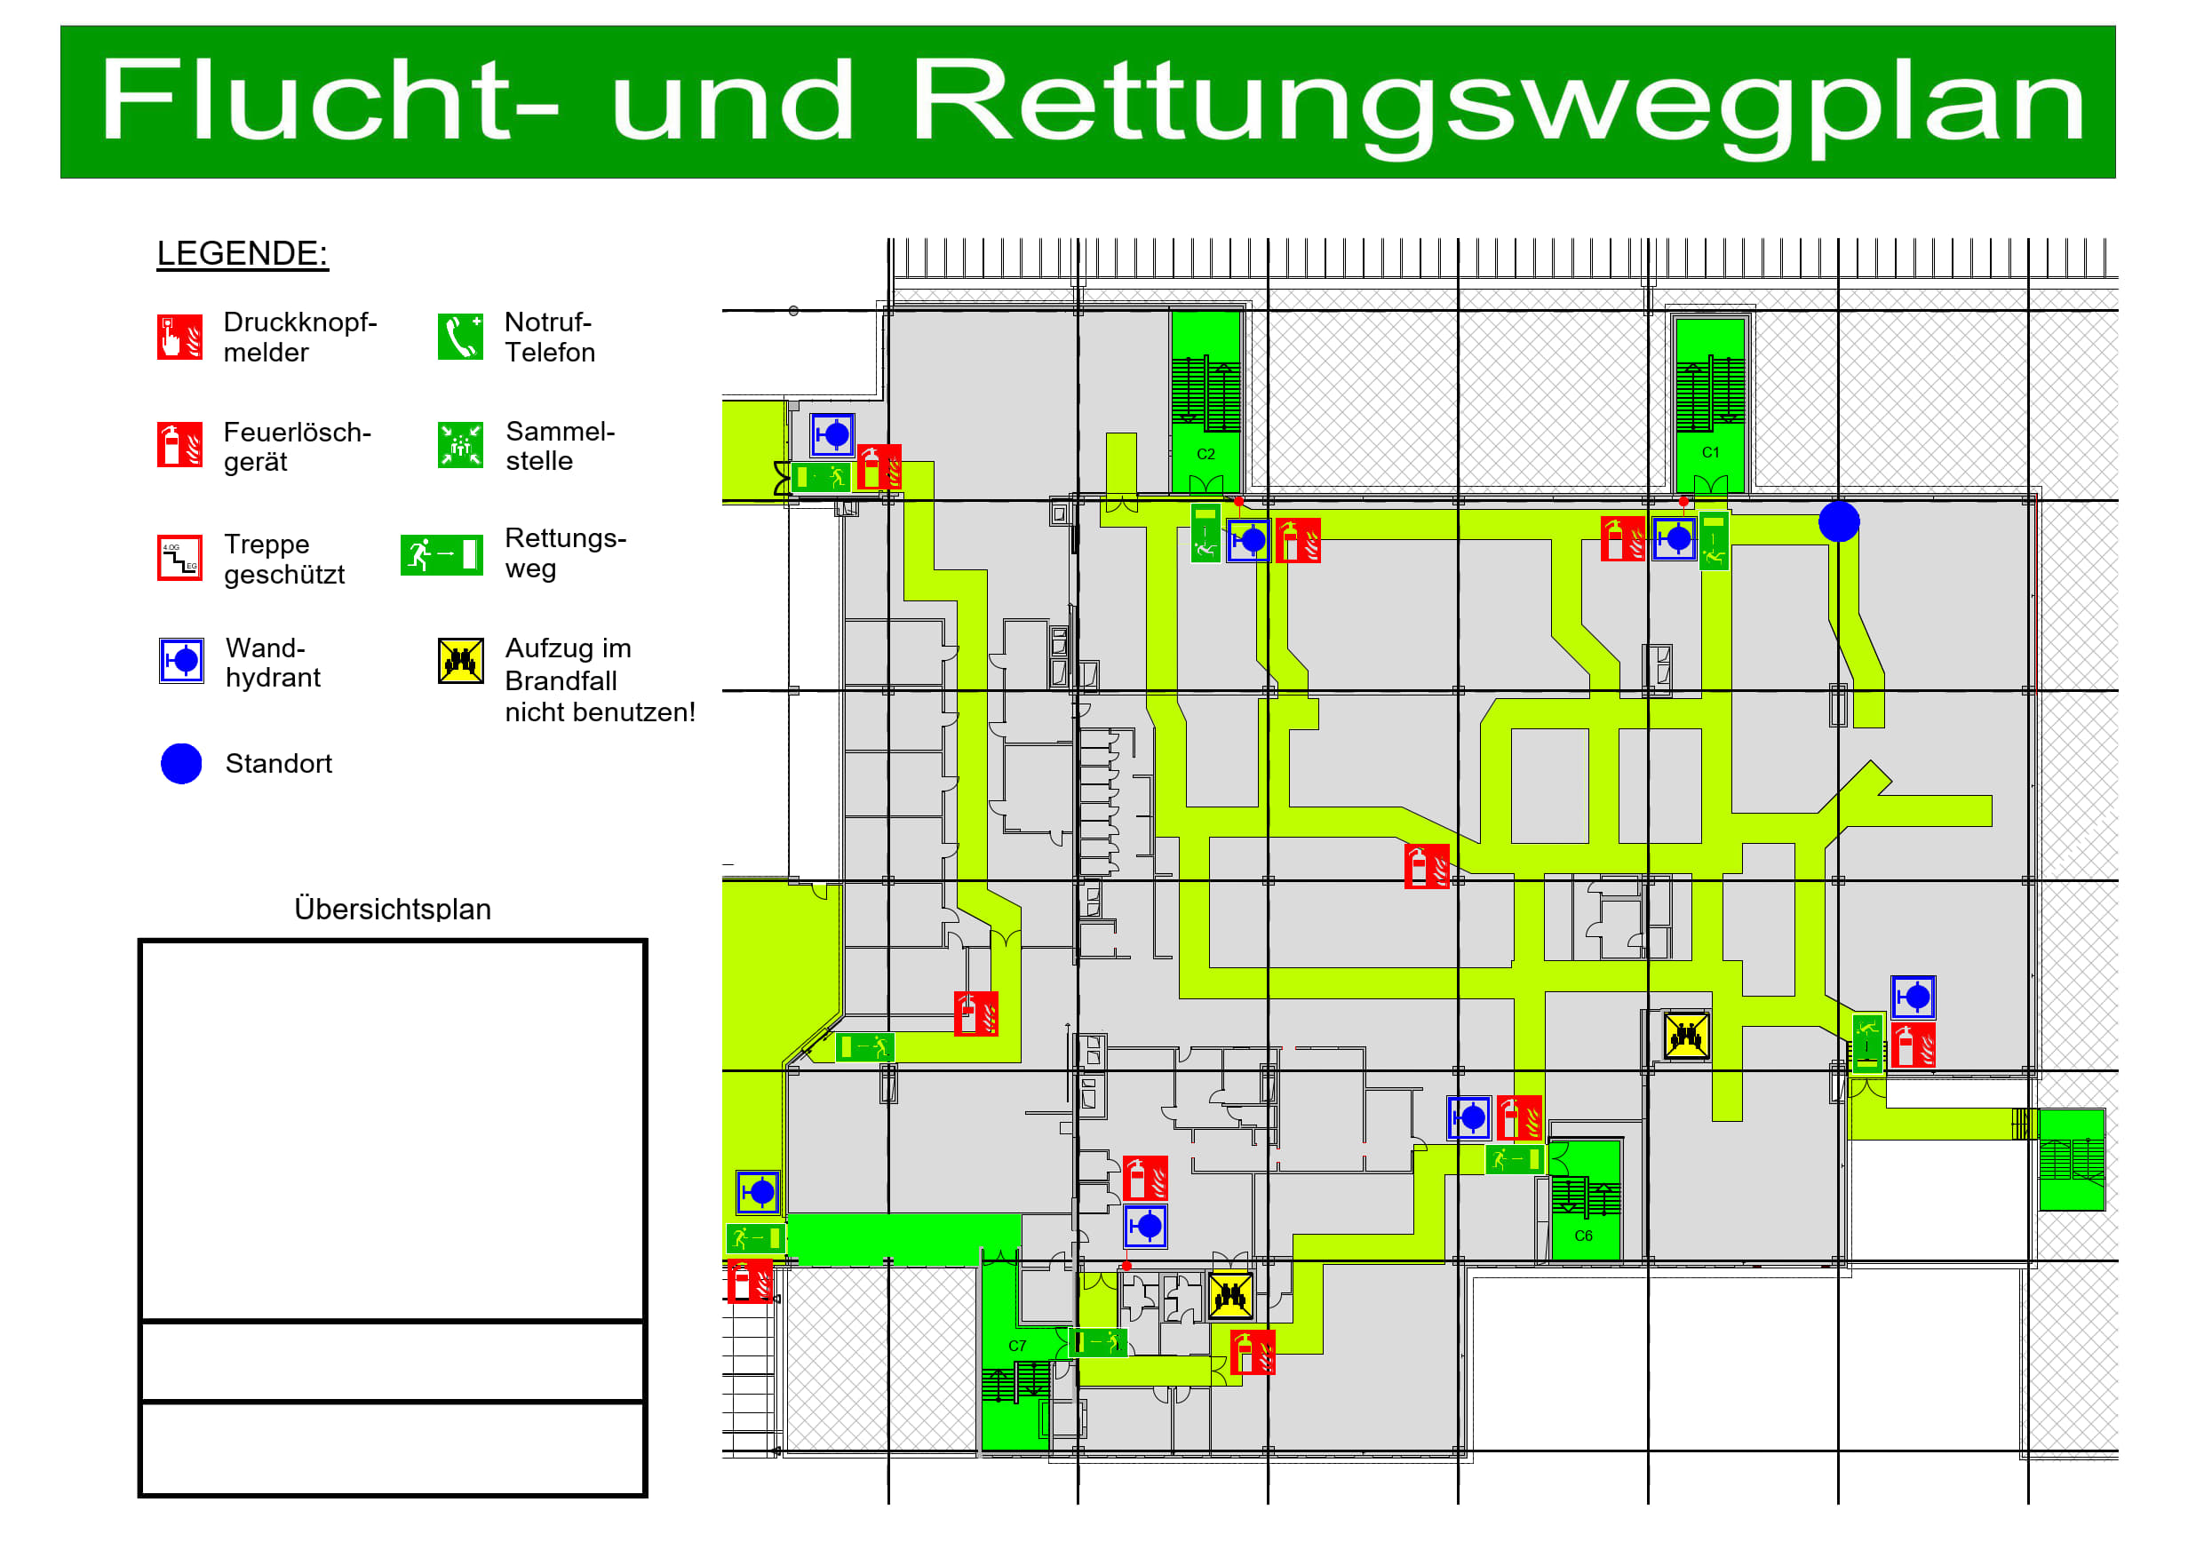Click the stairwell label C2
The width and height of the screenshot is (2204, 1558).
click(x=1205, y=454)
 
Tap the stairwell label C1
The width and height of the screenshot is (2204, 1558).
click(x=1711, y=452)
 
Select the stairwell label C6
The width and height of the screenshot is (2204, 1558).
click(x=1584, y=1236)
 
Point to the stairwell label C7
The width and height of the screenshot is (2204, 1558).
click(x=1017, y=1346)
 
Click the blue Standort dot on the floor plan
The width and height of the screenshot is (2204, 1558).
click(x=1839, y=521)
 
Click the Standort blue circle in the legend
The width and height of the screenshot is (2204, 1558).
click(x=181, y=764)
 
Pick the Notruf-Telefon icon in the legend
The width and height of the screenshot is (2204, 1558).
click(x=461, y=337)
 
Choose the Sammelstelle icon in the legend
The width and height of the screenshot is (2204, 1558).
click(x=461, y=445)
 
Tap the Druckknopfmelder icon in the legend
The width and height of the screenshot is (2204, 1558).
click(x=180, y=337)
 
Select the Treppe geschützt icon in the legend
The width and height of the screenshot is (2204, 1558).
click(x=180, y=559)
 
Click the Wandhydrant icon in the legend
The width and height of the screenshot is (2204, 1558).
click(x=181, y=662)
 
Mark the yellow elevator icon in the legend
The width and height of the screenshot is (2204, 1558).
click(x=461, y=662)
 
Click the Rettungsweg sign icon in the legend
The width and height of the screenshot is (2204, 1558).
click(x=442, y=555)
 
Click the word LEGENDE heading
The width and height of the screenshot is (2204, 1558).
click(x=242, y=253)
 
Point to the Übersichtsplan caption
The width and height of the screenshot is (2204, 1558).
click(x=393, y=909)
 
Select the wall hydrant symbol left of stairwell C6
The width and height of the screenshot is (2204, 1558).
click(x=1468, y=1117)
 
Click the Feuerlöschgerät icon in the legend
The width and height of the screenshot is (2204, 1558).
click(x=180, y=445)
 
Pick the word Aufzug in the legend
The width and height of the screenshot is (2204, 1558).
click(x=546, y=649)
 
